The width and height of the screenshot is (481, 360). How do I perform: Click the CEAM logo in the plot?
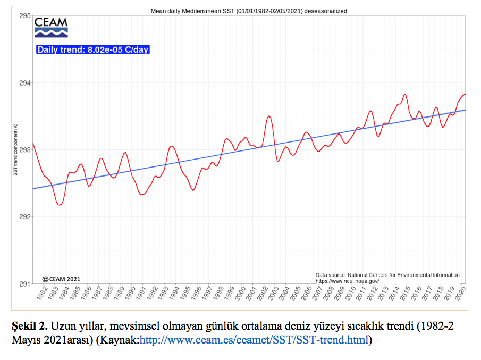[x=51, y=28]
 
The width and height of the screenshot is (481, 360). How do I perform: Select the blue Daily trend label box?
[x=93, y=50]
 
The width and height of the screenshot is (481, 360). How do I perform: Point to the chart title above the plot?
[x=249, y=11]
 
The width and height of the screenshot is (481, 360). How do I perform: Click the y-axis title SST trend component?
[x=15, y=150]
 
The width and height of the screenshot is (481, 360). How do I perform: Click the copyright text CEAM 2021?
[x=61, y=279]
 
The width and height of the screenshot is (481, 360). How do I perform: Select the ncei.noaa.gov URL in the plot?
[x=347, y=281]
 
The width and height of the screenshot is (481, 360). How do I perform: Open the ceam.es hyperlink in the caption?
[x=254, y=340]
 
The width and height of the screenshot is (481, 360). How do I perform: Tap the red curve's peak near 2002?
[x=269, y=116]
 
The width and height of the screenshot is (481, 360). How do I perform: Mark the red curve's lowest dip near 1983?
[x=59, y=205]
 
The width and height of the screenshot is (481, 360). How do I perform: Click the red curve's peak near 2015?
[x=405, y=94]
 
